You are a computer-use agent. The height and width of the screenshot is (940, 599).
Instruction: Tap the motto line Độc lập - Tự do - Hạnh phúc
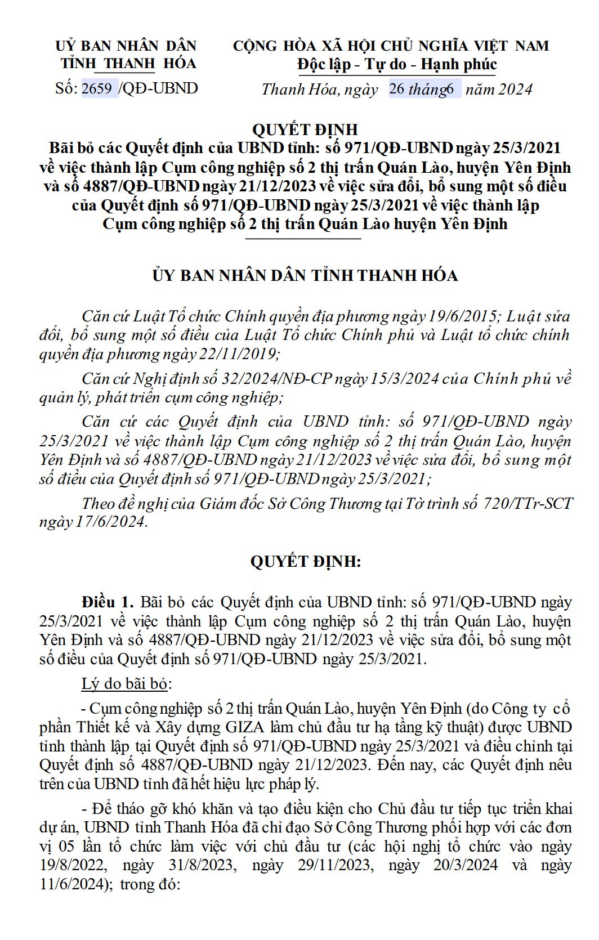coord(397,65)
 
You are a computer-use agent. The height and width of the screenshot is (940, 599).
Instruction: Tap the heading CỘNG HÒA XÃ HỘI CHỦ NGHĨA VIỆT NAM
coord(391,46)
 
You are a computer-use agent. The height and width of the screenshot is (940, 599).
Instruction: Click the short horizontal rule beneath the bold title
coord(304,239)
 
